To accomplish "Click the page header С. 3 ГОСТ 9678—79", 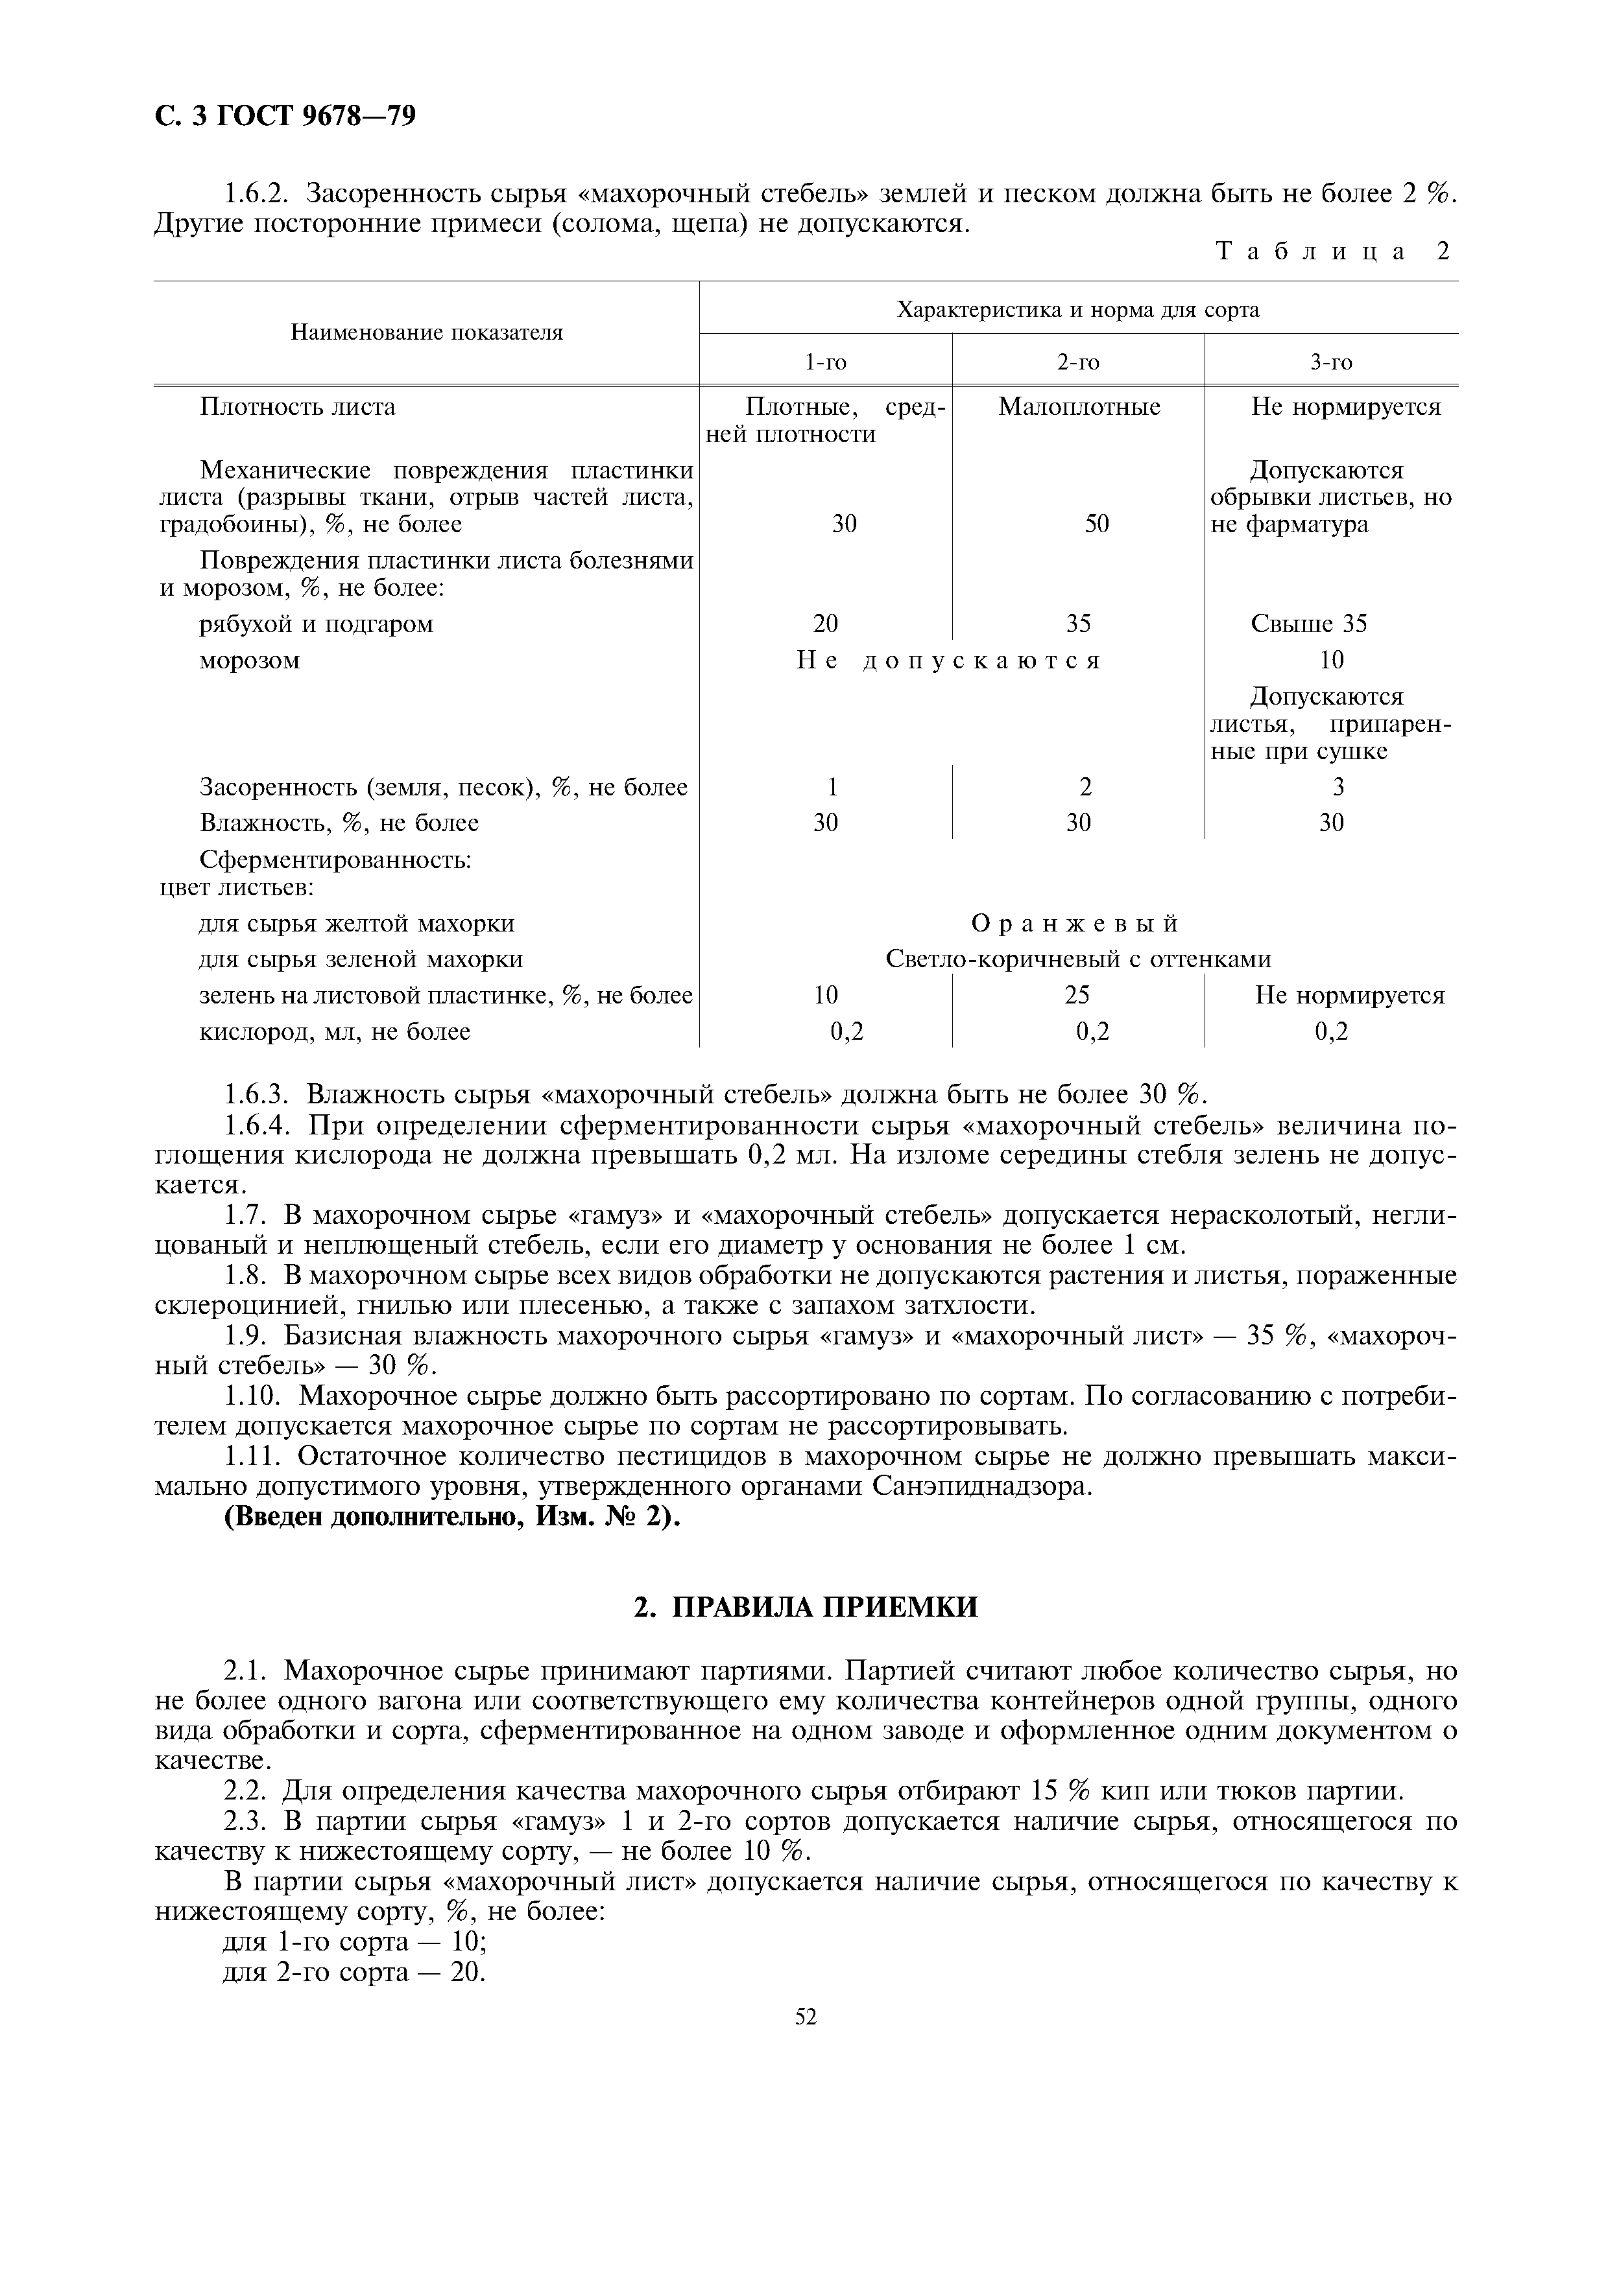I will (x=285, y=117).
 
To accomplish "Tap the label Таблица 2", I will (x=1332, y=252).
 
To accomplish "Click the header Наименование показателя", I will (x=426, y=333).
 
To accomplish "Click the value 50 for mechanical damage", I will (x=1096, y=524).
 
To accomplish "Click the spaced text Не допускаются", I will (x=948, y=661).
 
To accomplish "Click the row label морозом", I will (x=250, y=661).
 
